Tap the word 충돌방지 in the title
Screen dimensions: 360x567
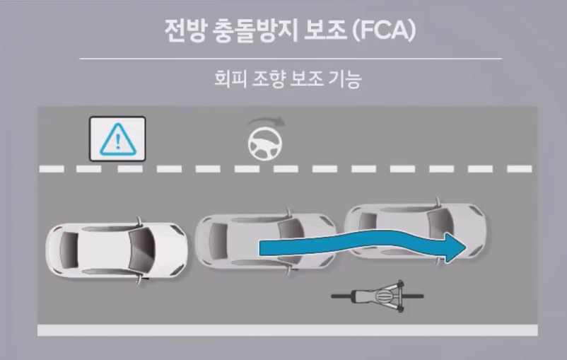point(247,30)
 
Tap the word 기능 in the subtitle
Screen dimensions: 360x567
point(346,79)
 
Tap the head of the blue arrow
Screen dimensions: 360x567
point(452,247)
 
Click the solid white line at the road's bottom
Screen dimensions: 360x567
point(283,330)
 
